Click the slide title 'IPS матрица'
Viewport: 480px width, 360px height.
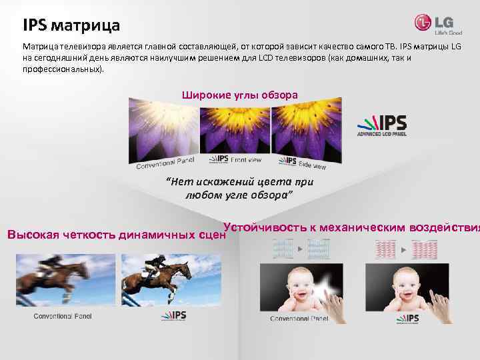(71, 26)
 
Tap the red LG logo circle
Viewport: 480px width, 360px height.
(423, 23)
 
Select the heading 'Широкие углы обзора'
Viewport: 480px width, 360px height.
(240, 95)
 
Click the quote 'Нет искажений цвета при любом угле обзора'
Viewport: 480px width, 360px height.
(239, 188)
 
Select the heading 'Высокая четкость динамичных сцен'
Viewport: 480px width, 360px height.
(112, 235)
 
